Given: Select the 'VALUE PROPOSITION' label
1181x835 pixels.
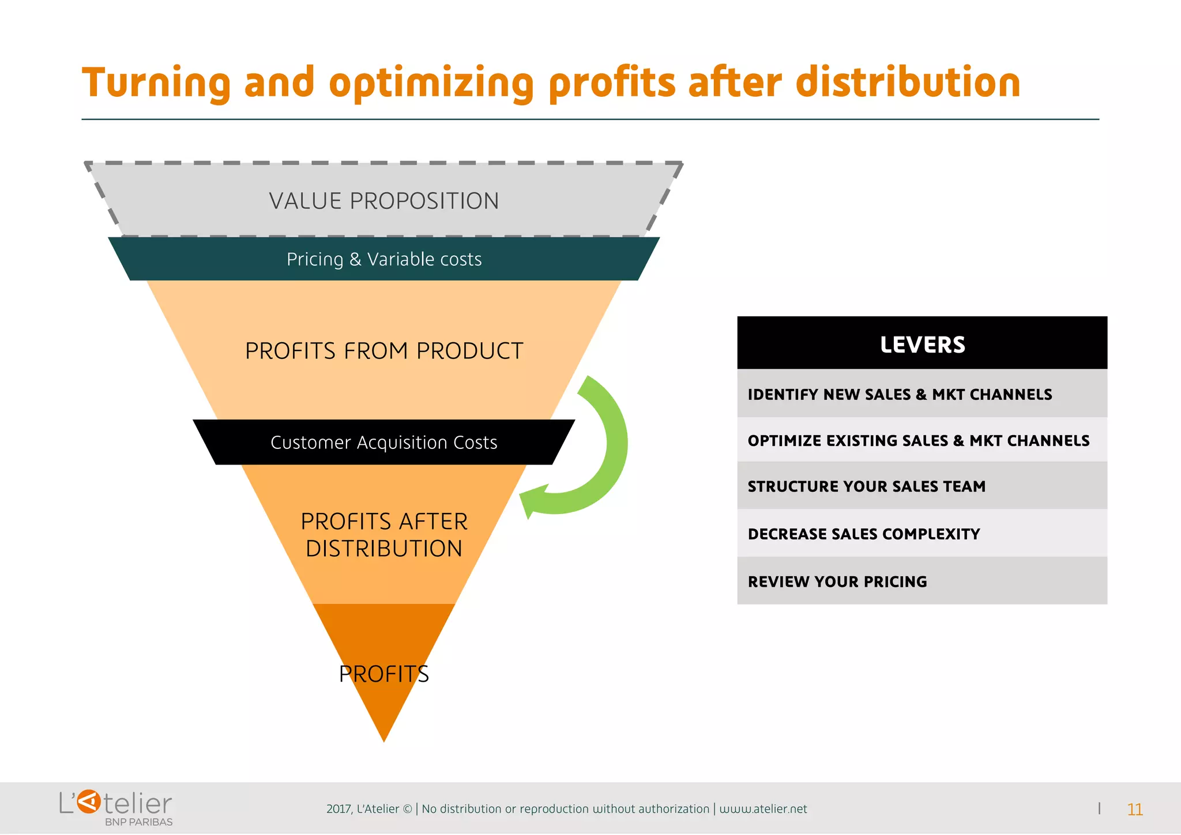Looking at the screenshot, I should [383, 201].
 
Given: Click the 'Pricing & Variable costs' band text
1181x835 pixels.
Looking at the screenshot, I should [384, 259].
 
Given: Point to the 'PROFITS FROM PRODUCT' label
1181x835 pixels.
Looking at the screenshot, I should [384, 351].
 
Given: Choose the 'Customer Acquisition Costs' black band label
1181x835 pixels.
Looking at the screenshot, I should [384, 443].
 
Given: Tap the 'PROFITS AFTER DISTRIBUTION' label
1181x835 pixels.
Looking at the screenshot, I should [384, 535].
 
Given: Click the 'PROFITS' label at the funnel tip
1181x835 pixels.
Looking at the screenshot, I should [384, 674].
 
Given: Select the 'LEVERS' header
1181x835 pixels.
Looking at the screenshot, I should [922, 345].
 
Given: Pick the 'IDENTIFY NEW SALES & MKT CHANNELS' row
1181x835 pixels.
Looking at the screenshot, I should [900, 395].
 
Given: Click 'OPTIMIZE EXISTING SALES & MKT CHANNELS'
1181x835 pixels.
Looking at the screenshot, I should [918, 441].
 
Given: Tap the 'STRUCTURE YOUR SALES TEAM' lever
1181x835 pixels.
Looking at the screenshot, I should [866, 486].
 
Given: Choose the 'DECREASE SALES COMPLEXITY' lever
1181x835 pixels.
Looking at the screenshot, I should [863, 534].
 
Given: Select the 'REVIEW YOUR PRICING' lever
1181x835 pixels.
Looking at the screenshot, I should [837, 582].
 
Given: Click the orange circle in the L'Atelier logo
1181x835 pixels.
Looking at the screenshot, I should [89, 802].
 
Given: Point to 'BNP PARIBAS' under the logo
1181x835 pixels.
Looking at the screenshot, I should [138, 822].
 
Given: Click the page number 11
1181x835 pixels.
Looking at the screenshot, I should [1134, 810].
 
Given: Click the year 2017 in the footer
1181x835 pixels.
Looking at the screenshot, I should [338, 809].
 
